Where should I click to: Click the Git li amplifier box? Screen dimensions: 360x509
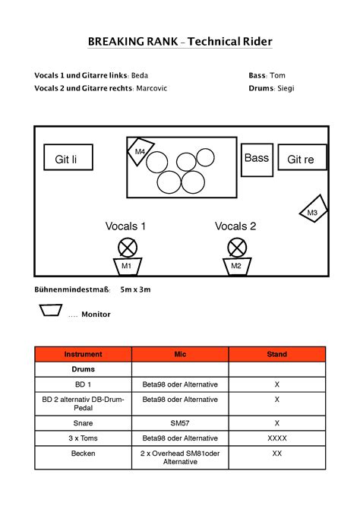click(x=68, y=157)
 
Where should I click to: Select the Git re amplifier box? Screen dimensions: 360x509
click(x=301, y=158)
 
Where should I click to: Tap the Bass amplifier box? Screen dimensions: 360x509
click(x=257, y=160)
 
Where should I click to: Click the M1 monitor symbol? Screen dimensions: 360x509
click(x=127, y=266)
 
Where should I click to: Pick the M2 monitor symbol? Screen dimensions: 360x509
click(x=236, y=266)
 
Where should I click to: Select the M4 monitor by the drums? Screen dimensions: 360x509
click(x=140, y=151)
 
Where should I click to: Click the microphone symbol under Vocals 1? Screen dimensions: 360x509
click(x=127, y=247)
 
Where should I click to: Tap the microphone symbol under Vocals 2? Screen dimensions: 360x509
click(x=237, y=247)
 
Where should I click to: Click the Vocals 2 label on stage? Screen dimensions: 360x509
click(x=235, y=226)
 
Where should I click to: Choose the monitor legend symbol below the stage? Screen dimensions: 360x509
click(x=51, y=310)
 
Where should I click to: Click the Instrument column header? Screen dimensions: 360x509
click(x=84, y=354)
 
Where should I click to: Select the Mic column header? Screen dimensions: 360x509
click(x=180, y=354)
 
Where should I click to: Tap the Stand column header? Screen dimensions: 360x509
click(x=276, y=354)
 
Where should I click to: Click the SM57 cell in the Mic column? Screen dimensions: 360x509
click(x=180, y=423)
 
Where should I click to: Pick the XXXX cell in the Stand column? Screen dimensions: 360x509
click(x=276, y=438)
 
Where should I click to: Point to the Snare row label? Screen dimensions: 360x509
click(x=84, y=423)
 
